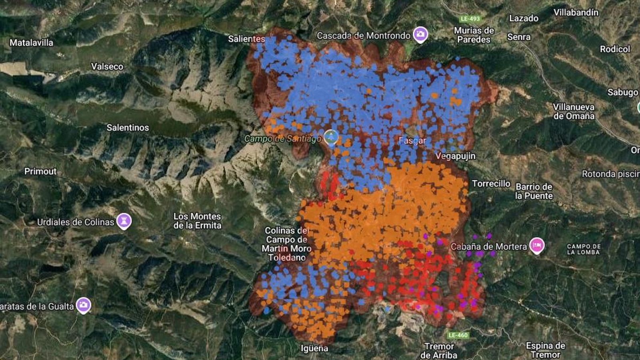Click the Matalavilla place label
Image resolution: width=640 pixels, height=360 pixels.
coord(31,42)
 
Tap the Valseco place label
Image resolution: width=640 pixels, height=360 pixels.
coord(107,66)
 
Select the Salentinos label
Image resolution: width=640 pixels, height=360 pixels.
coord(128,128)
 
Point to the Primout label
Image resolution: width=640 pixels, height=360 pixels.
coord(40,171)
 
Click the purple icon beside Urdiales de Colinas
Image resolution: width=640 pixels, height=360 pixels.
coord(124,221)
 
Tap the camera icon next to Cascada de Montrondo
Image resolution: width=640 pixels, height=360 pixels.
coord(420,34)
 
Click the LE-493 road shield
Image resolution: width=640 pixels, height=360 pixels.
coord(470,19)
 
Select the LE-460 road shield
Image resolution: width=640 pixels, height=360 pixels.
coord(458,335)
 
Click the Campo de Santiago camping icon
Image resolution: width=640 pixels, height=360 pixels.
coord(331,137)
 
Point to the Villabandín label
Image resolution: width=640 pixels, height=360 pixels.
coord(576,12)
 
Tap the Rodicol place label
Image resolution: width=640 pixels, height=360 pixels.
coord(615,49)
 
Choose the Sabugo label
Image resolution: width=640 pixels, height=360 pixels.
coord(623,92)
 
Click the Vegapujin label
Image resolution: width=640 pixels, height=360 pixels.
coord(456,156)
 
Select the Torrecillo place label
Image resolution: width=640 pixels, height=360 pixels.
coord(491,184)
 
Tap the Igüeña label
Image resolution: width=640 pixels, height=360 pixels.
coord(314,348)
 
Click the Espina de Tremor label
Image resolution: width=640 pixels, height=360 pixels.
coord(545,350)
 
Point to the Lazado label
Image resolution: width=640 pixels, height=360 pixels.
coord(524,18)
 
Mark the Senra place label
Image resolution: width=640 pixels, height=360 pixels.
coord(519,37)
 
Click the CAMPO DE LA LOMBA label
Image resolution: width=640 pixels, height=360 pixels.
coord(584,249)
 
